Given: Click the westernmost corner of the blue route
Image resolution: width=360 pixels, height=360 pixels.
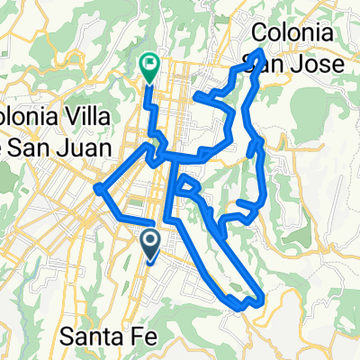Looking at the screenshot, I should coord(96,188).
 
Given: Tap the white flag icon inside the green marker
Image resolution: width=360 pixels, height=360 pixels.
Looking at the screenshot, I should coord(149,63).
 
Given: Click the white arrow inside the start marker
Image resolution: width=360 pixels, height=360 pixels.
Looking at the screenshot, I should coord(149,239).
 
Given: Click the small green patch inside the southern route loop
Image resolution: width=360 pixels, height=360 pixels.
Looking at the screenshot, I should coord(236,287).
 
